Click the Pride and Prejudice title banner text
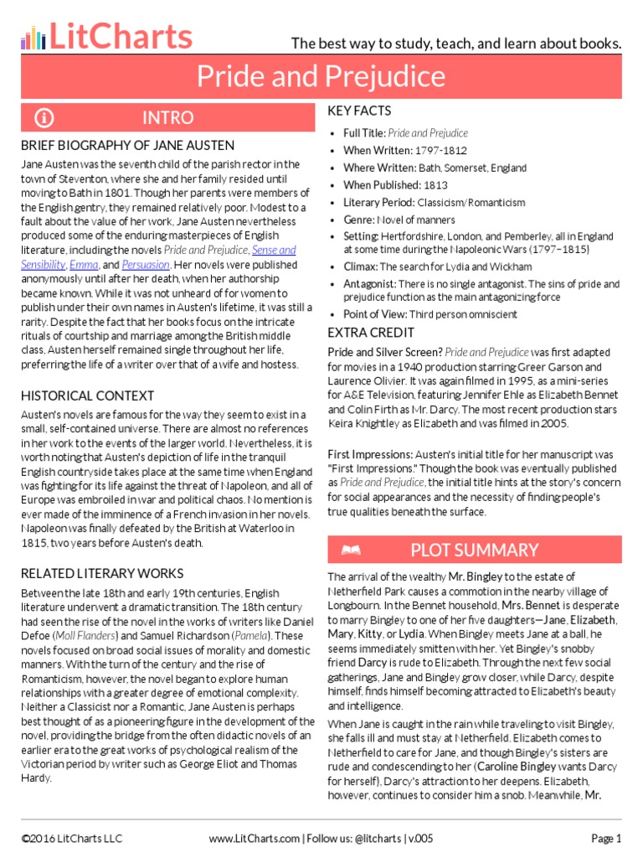click(321, 77)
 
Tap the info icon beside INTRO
click(44, 117)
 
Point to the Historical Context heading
click(88, 395)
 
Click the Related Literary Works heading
click(102, 573)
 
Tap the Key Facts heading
click(359, 111)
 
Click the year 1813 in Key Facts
click(435, 185)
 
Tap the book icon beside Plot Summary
click(351, 550)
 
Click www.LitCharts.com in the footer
click(254, 838)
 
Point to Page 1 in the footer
click(606, 838)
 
